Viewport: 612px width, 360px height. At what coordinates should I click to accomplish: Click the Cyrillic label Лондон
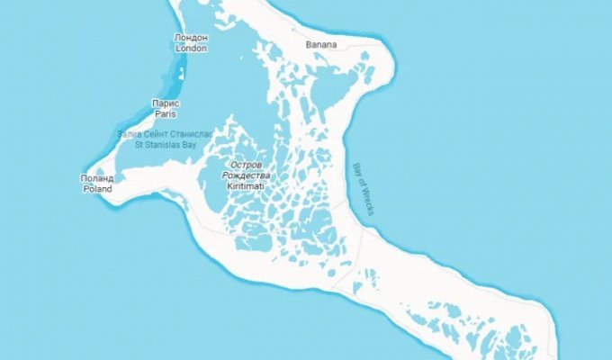point(191,38)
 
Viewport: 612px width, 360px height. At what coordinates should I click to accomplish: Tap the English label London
point(191,48)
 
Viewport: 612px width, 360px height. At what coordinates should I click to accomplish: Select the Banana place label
point(320,43)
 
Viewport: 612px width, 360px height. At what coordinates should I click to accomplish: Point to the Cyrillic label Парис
point(165,104)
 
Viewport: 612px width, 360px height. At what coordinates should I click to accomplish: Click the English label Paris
point(165,114)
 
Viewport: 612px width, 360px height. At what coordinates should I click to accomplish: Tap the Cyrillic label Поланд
point(97,179)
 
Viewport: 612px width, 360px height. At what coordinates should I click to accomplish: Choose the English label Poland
point(97,189)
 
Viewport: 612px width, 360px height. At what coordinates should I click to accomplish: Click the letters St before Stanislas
point(139,144)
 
